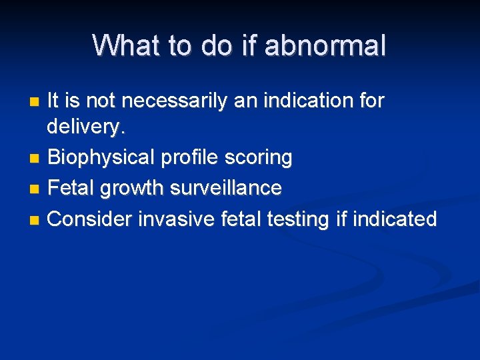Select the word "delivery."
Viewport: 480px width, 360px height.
pos(85,129)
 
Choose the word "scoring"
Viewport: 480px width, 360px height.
pos(263,159)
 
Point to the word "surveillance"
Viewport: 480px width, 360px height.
pos(226,189)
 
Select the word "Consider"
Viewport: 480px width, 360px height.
pos(90,219)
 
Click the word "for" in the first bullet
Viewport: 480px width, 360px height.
pos(371,101)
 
